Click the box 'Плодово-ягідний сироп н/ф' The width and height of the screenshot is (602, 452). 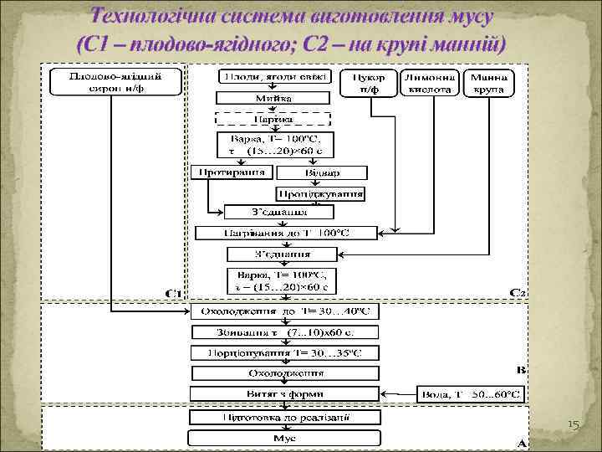pyautogui.click(x=116, y=82)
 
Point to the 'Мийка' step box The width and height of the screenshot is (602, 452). pyautogui.click(x=274, y=98)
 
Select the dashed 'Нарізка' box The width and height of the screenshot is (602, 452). pyautogui.click(x=274, y=119)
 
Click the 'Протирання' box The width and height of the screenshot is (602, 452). pyautogui.click(x=232, y=172)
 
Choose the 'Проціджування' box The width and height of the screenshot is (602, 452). pyautogui.click(x=321, y=193)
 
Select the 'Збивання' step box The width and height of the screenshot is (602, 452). pyautogui.click(x=285, y=332)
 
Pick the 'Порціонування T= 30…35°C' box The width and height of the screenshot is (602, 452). pyautogui.click(x=285, y=352)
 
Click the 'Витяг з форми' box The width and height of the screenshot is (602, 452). pyautogui.click(x=285, y=392)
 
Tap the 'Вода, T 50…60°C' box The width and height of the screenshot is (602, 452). pyautogui.click(x=474, y=392)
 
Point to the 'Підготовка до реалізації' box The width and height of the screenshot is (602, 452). pyautogui.click(x=285, y=416)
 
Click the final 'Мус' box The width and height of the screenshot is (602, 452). pyautogui.click(x=285, y=437)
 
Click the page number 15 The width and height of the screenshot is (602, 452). pyautogui.click(x=573, y=426)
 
